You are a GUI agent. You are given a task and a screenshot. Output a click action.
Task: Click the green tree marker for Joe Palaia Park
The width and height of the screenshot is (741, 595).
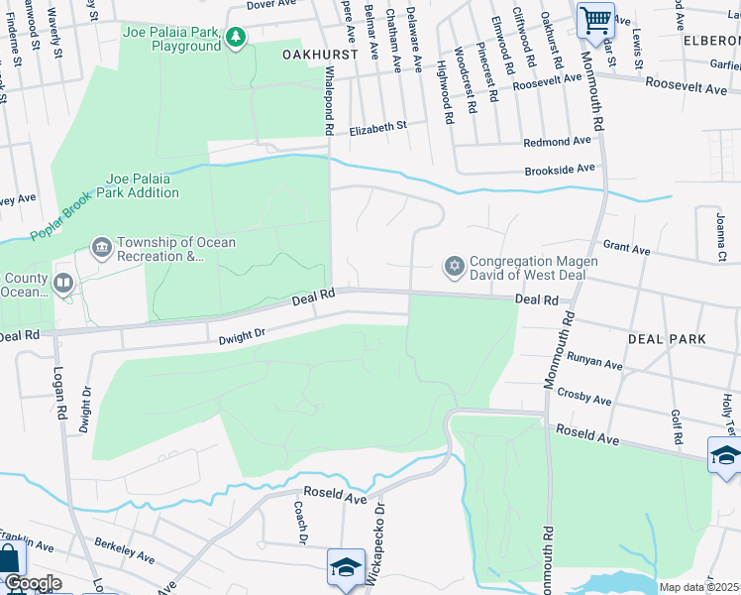coord(236,39)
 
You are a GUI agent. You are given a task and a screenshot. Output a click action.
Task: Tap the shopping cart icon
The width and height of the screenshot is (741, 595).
coord(595,20)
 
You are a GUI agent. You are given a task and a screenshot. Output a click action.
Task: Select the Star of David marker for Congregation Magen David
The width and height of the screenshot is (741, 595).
coord(454,265)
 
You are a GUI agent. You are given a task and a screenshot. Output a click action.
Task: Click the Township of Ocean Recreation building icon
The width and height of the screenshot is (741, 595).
coord(101,246)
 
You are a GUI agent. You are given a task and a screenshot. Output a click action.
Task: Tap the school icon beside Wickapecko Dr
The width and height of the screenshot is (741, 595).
coord(346,567)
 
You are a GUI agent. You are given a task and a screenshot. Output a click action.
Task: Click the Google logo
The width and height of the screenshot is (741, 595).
coord(32,583)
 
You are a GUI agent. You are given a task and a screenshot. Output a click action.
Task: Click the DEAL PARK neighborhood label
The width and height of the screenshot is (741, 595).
coord(667,339)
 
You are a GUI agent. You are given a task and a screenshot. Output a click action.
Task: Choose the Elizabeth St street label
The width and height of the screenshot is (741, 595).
coord(377,127)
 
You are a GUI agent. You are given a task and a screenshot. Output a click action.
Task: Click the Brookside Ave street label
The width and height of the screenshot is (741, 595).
coord(560,170)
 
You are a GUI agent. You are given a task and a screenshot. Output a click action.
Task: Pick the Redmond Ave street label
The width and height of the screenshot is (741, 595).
coord(557,143)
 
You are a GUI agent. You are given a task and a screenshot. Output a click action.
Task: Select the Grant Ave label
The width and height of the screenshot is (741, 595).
coord(626,247)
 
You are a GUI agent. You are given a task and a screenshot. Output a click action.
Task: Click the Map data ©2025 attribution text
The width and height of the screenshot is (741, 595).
coord(699,587)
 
